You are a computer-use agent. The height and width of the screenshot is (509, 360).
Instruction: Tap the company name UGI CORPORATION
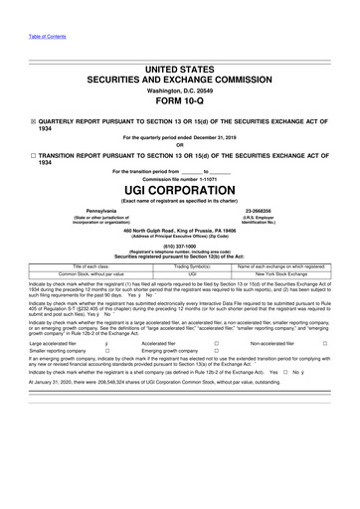point(180,187)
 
